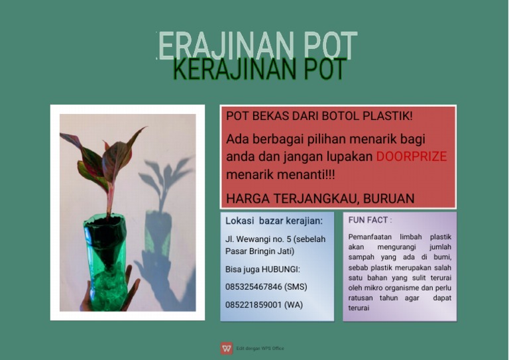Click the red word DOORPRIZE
411,157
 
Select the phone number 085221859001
254,305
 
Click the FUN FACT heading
369,219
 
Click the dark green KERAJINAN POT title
258,70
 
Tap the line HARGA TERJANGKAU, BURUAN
320,198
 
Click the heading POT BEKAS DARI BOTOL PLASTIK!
319,116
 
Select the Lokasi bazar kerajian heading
274,221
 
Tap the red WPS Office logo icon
227,347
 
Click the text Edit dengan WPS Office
260,348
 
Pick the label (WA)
293,305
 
